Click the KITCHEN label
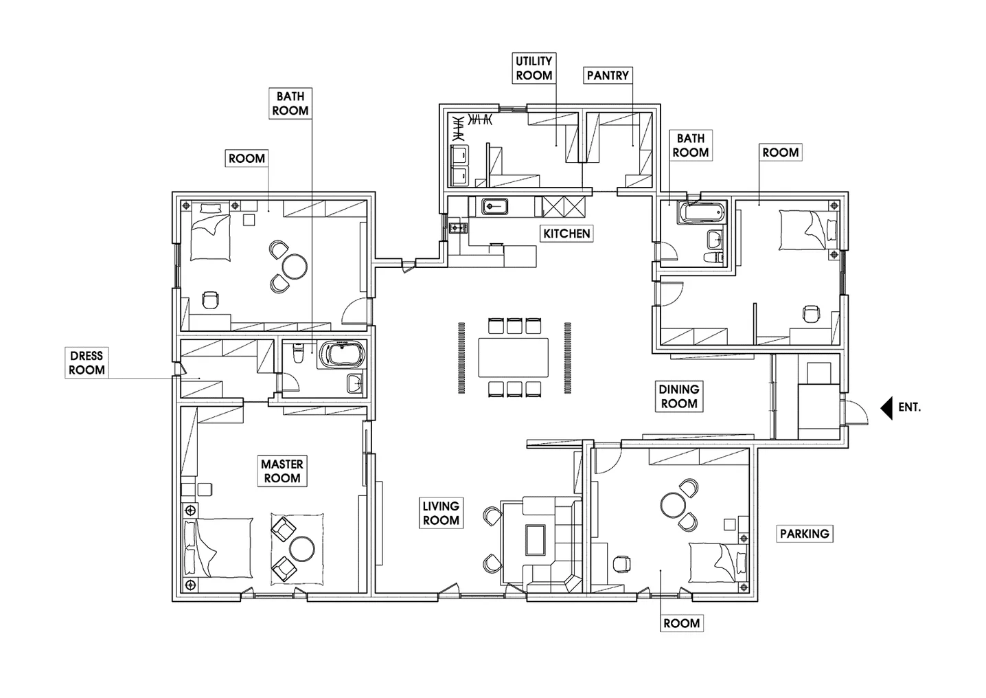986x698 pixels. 566,234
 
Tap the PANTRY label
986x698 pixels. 608,76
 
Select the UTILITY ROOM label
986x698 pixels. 534,68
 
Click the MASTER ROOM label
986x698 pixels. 282,471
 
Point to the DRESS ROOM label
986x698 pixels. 87,363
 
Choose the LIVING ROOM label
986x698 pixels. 441,513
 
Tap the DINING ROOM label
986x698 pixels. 679,396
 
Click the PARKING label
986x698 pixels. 805,534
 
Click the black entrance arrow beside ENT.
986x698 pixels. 886,408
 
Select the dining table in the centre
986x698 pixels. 514,357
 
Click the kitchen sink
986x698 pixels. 495,207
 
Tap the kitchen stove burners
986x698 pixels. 458,227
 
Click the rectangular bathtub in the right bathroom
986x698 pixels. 701,212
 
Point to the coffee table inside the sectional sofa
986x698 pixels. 536,540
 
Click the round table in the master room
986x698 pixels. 302,548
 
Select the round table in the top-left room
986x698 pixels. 295,267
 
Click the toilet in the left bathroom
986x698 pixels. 298,354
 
